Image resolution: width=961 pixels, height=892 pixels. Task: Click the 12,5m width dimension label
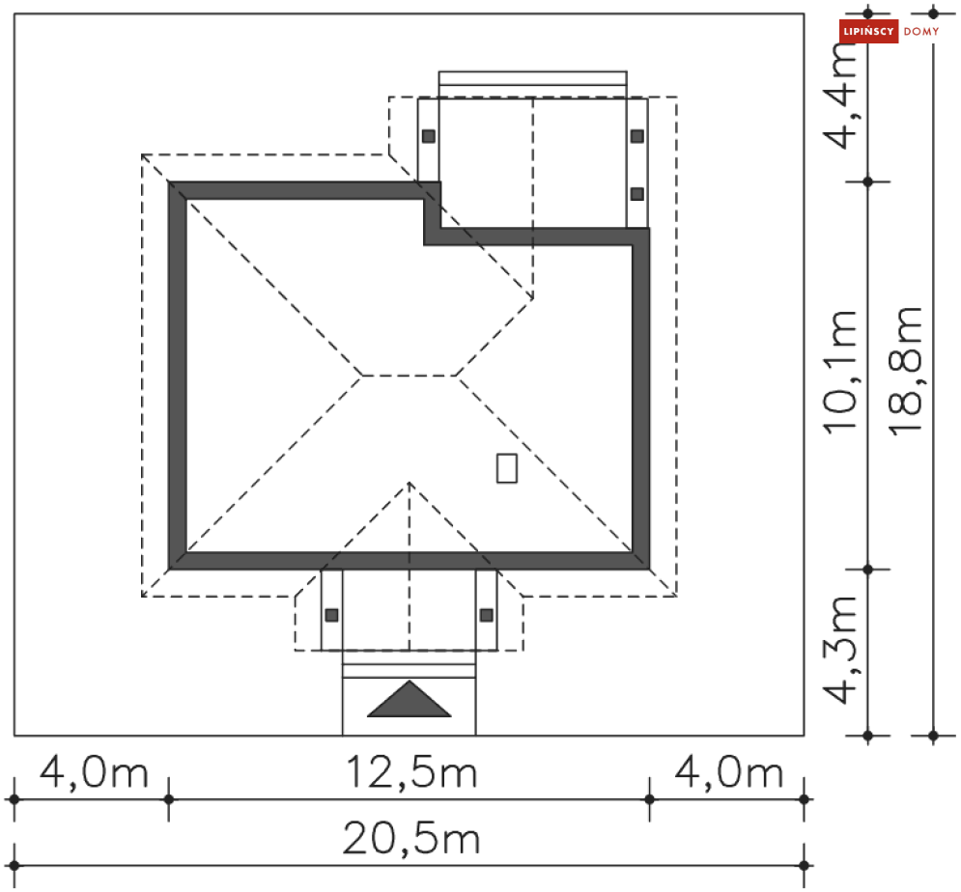(411, 773)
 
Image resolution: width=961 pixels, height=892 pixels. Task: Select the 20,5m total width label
(411, 839)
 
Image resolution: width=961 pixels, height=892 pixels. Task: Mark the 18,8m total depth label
(906, 371)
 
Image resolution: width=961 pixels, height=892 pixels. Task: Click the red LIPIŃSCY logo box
(868, 31)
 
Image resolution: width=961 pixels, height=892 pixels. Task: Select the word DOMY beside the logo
(921, 31)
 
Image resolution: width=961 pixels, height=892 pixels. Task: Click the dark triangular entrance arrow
(409, 699)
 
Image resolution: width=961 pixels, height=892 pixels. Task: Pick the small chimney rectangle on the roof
(507, 468)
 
